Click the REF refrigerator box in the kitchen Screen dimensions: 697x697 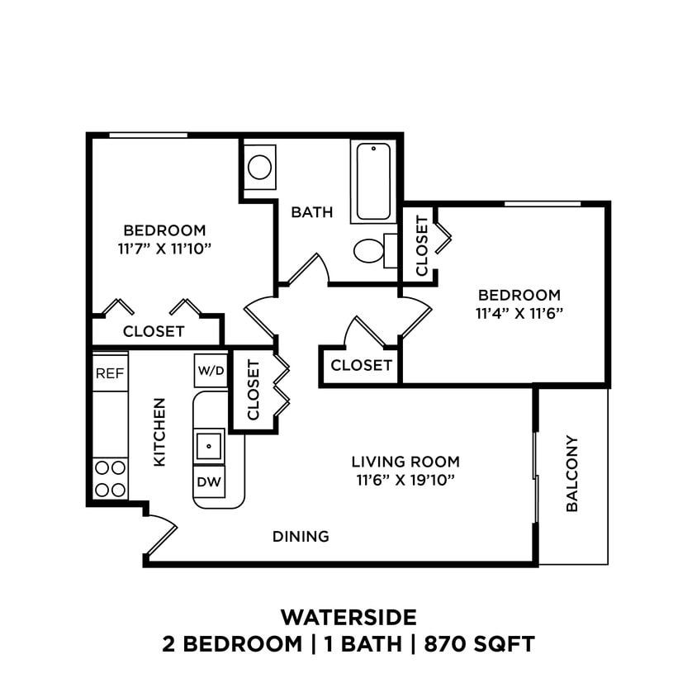[109, 373]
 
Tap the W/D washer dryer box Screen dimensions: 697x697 [210, 371]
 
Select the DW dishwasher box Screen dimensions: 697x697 [209, 482]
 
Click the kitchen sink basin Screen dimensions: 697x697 [209, 445]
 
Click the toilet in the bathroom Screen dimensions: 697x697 [371, 249]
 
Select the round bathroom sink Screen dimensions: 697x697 [260, 168]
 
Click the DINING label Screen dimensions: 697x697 [301, 537]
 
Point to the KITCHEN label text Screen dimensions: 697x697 [159, 432]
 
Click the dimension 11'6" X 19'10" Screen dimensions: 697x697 [405, 479]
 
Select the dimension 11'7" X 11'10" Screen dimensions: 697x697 [164, 247]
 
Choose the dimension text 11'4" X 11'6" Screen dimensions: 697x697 [519, 313]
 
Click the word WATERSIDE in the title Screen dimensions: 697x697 [348, 617]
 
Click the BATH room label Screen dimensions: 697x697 [312, 212]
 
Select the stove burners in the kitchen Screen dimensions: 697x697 [109, 478]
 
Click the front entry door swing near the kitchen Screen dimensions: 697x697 [161, 533]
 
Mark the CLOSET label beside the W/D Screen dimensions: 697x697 [254, 390]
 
